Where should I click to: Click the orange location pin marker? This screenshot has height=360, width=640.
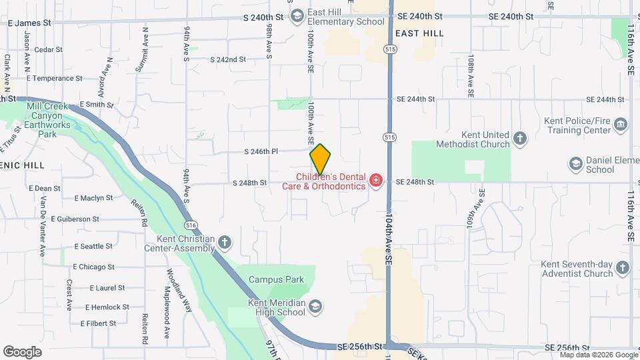pos(321,159)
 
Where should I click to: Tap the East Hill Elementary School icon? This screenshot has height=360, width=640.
pos(297,15)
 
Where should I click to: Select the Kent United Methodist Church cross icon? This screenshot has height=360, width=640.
pos(521,139)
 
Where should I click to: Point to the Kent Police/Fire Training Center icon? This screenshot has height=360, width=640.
pos(621,125)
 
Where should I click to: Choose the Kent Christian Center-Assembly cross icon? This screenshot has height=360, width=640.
pos(225,242)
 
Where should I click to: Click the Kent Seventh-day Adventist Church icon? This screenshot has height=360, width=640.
pos(623,268)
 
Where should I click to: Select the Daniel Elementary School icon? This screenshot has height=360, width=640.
pos(575,163)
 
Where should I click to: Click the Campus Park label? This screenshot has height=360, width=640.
pos(271,279)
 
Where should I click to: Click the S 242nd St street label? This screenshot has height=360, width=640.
pos(228,59)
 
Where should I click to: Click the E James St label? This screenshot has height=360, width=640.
pos(29,22)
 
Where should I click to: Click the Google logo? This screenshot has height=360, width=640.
pos(22,352)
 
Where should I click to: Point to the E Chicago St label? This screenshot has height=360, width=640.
pos(93,267)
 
